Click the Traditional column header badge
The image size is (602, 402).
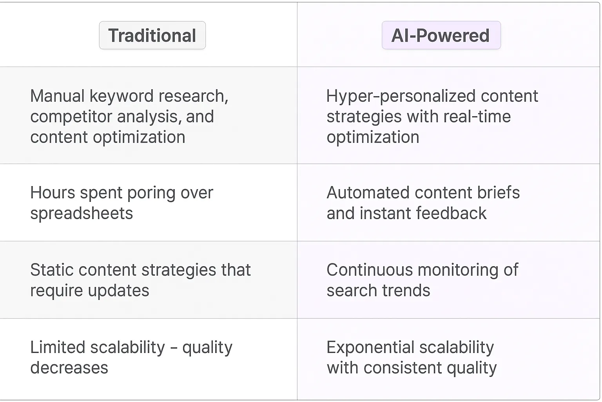(x=152, y=35)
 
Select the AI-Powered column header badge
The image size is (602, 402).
(x=441, y=35)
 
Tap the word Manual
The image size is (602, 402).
(x=57, y=96)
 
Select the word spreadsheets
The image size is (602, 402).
(x=82, y=214)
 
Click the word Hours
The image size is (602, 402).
(x=53, y=193)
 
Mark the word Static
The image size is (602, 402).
(x=53, y=270)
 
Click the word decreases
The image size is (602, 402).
(x=69, y=368)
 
